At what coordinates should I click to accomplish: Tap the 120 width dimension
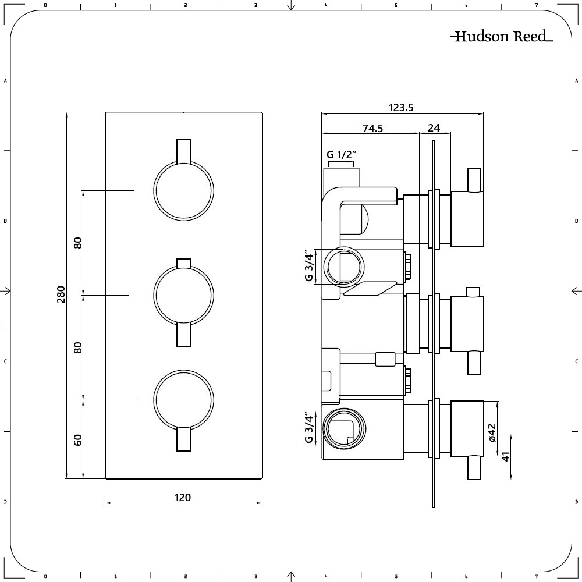pyautogui.click(x=183, y=497)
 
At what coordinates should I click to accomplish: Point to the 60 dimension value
pyautogui.click(x=78, y=439)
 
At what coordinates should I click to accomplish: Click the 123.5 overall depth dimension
pyautogui.click(x=401, y=107)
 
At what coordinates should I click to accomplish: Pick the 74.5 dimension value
pyautogui.click(x=372, y=129)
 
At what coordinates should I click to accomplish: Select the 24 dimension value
pyautogui.click(x=434, y=129)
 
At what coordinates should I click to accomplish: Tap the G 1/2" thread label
pyautogui.click(x=341, y=155)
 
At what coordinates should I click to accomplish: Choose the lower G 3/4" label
pyautogui.click(x=309, y=430)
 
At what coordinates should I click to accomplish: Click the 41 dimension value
pyautogui.click(x=506, y=456)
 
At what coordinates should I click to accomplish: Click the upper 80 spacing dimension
pyautogui.click(x=78, y=243)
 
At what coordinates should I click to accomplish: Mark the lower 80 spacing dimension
pyautogui.click(x=78, y=347)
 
